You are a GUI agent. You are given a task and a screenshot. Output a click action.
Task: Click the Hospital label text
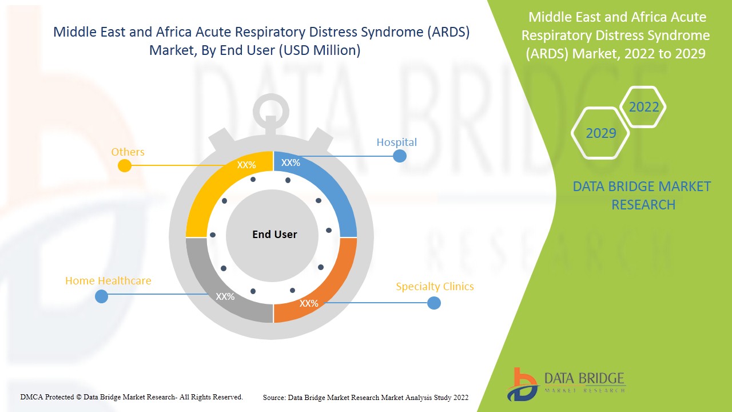[x=396, y=142]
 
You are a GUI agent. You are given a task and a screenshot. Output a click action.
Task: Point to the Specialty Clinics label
[x=435, y=286]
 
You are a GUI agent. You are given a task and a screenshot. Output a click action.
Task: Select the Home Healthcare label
[x=108, y=280]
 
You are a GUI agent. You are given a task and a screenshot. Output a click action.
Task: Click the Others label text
[x=128, y=152]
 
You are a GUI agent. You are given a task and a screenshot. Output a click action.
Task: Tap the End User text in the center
[x=274, y=235]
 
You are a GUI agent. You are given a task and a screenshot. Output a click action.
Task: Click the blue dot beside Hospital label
[x=400, y=156]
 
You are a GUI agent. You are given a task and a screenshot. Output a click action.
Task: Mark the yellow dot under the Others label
[x=124, y=166]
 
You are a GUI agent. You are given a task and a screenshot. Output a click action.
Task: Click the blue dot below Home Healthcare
[x=101, y=296]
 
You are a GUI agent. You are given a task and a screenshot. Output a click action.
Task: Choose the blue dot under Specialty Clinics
[x=434, y=303]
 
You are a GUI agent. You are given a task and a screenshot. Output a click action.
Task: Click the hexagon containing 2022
[x=643, y=107]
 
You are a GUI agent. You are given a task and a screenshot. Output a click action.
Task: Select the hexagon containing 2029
[x=600, y=133]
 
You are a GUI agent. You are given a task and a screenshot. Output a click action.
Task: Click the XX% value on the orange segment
[x=309, y=303]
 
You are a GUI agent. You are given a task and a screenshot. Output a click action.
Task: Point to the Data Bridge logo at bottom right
[x=566, y=384]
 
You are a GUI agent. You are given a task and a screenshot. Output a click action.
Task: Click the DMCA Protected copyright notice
[x=132, y=397]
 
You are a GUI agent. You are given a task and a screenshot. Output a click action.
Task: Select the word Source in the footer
[x=274, y=397]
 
